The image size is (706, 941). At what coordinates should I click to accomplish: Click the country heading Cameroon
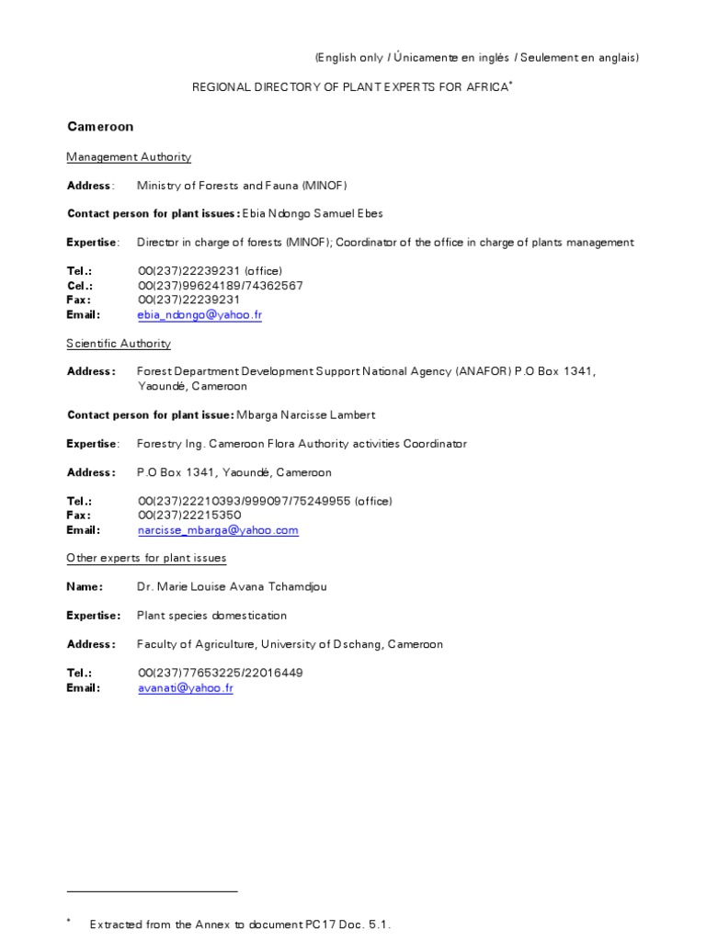click(100, 126)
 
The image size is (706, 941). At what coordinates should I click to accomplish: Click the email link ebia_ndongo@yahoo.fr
click(199, 315)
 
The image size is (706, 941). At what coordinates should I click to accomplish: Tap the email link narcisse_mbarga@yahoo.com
click(218, 530)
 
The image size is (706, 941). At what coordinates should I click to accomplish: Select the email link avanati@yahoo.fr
click(185, 687)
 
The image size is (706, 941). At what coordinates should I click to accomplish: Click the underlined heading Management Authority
click(129, 157)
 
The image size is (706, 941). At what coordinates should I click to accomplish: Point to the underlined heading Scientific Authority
click(119, 344)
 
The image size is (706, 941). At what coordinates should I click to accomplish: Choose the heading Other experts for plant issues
click(146, 558)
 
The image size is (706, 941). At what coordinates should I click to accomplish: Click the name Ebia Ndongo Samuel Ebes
click(312, 214)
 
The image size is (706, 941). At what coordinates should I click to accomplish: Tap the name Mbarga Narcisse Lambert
click(306, 414)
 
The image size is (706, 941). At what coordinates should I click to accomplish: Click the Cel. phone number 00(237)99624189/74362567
click(220, 286)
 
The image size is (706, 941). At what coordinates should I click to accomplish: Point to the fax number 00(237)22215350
click(189, 516)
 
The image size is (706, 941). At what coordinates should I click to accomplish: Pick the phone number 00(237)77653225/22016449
click(220, 673)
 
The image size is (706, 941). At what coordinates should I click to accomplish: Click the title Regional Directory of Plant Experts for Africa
click(349, 86)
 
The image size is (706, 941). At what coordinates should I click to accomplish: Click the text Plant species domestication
click(211, 616)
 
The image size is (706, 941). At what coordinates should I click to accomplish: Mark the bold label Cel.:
click(80, 286)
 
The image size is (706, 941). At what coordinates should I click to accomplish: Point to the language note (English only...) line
click(476, 58)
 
